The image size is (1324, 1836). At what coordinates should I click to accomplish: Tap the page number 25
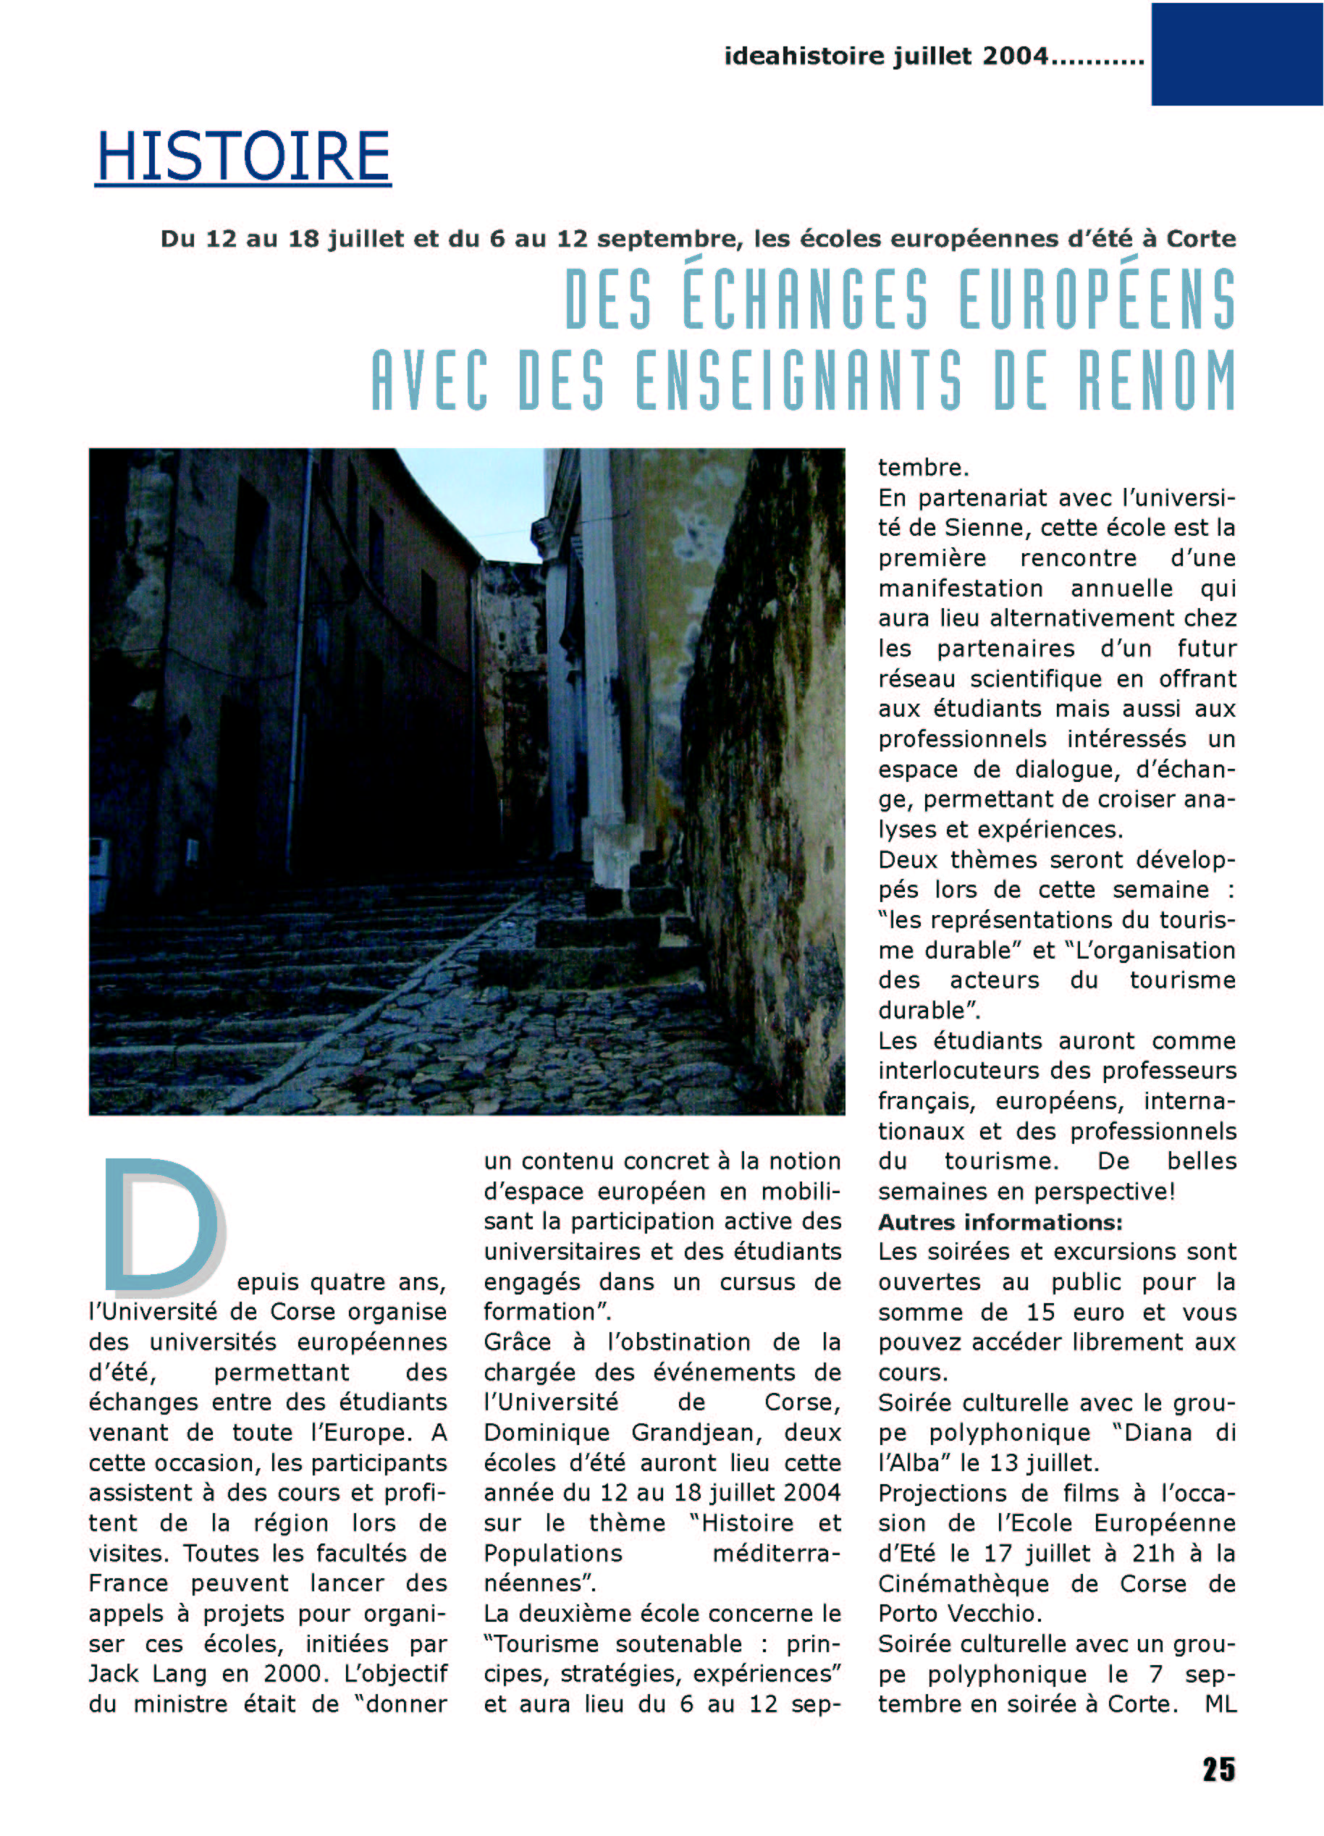coord(1218,1769)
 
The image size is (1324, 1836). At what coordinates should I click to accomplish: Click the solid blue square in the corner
coord(1236,54)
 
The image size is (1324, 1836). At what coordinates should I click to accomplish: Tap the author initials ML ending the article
coord(1220,1704)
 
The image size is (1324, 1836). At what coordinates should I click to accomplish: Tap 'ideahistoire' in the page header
coord(804,56)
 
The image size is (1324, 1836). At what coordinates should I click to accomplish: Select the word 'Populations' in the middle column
coord(553,1554)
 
